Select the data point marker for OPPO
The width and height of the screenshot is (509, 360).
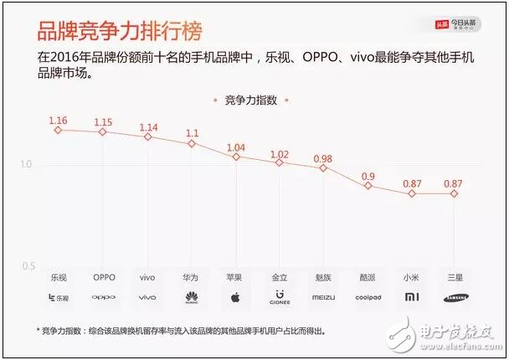click(103, 132)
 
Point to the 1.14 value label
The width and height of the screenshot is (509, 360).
click(147, 126)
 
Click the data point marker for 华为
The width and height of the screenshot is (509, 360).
click(192, 143)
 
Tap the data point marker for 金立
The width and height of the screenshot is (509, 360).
click(280, 162)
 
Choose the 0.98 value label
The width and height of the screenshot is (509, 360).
click(324, 158)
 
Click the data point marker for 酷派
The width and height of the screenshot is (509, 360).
click(368, 185)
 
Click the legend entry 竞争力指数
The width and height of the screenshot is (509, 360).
click(254, 100)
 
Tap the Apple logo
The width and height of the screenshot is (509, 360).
click(236, 296)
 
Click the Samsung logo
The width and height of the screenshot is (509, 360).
click(455, 296)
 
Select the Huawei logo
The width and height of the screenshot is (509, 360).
click(192, 296)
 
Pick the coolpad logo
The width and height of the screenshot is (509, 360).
click(368, 296)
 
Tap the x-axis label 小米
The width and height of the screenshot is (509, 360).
click(411, 277)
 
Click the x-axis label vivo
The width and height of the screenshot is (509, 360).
click(147, 277)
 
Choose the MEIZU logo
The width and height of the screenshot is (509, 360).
click(324, 296)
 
